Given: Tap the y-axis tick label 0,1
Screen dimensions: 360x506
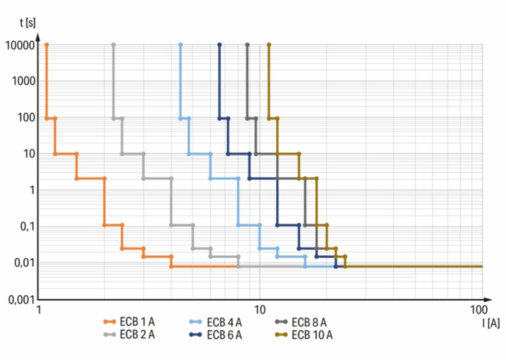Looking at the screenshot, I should point(27,226).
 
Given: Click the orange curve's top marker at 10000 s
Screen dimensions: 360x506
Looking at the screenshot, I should point(47,45).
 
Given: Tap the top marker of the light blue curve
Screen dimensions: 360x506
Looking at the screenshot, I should point(180,45).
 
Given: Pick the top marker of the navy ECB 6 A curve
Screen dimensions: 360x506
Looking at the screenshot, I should point(219,45).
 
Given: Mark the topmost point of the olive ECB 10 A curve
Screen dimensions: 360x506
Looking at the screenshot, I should point(269,45).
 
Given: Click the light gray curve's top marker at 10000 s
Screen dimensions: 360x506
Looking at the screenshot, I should point(114,45).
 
